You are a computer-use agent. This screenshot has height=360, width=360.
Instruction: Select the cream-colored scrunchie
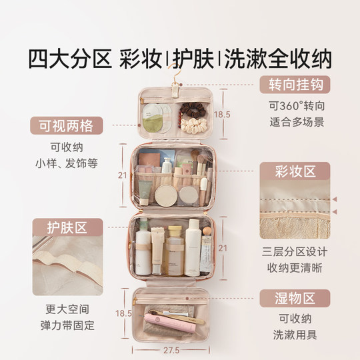pyautogui.click(x=191, y=123)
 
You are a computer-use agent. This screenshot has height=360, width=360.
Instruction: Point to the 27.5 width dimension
pyautogui.click(x=174, y=350)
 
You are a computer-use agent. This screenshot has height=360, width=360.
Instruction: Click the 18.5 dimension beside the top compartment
pyautogui.click(x=223, y=115)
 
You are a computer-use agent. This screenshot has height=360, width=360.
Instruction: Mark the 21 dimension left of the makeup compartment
pyautogui.click(x=121, y=175)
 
